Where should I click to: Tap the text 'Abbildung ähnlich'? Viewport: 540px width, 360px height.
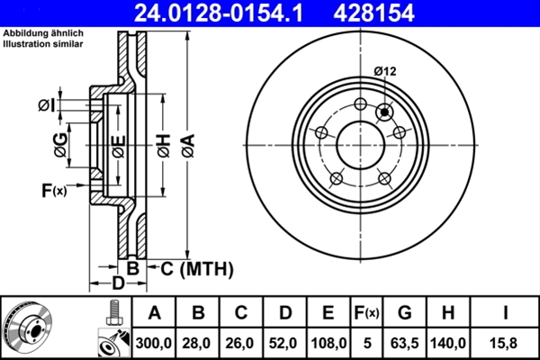coord(44,33)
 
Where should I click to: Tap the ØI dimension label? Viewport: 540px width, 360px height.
coord(46,106)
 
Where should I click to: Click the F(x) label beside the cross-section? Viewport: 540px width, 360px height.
coord(53,190)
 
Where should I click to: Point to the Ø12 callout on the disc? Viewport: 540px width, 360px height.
coord(385,71)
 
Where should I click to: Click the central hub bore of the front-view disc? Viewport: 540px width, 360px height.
coord(360,144)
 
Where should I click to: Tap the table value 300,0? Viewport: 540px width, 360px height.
coord(154,343)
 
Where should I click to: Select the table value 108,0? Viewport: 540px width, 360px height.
coord(328,343)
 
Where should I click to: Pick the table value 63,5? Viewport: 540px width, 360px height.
coord(405,343)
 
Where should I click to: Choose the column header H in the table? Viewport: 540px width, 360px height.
coord(447,313)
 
